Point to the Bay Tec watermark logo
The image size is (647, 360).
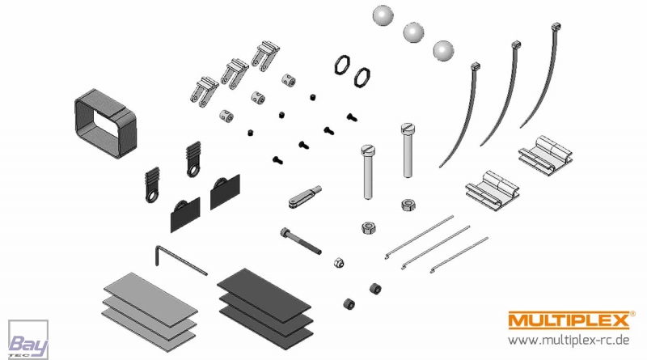28,338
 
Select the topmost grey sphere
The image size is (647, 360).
383,16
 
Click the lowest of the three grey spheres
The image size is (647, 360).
443,50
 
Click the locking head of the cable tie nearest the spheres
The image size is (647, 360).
475,66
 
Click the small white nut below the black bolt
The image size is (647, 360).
340,262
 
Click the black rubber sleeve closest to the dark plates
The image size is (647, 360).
348,303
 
